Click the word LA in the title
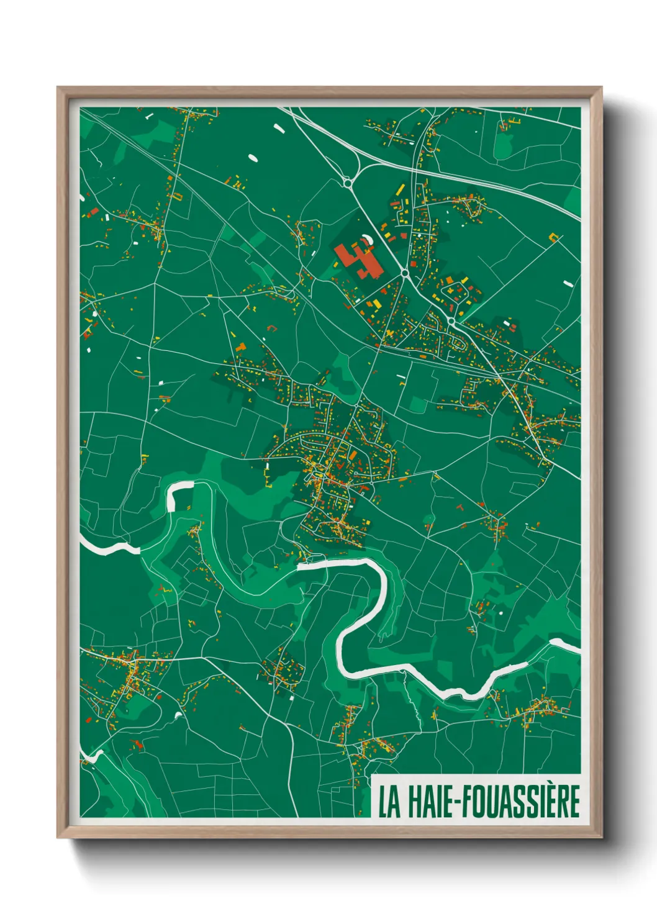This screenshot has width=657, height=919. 389,801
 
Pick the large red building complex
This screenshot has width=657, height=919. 358,260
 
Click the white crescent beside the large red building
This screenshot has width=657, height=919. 368,238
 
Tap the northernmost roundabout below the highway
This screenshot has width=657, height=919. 347,183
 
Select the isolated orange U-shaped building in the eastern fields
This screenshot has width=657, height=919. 554,236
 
